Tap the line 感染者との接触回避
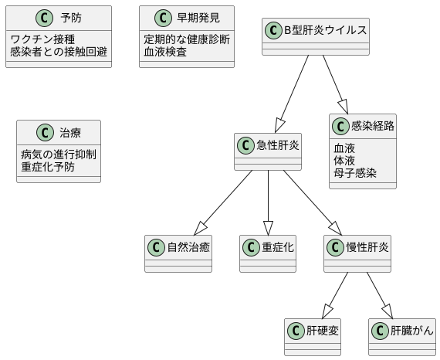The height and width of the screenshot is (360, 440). (59, 52)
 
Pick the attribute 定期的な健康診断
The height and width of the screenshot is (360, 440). (186, 39)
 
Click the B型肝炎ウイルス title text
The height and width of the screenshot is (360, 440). (325, 30)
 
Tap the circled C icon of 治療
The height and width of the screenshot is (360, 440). (45, 132)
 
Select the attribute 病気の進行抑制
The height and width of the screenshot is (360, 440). (59, 153)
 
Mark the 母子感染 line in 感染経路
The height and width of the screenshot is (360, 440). (355, 174)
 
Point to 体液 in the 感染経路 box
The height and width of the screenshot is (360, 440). (344, 161)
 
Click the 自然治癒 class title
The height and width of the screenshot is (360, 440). (189, 247)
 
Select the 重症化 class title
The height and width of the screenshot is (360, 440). (278, 247)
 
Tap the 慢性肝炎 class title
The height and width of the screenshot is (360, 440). (367, 247)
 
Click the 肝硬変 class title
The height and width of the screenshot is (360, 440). (323, 331)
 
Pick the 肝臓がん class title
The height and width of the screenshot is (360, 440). (411, 331)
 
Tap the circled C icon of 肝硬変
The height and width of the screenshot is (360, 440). (296, 331)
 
